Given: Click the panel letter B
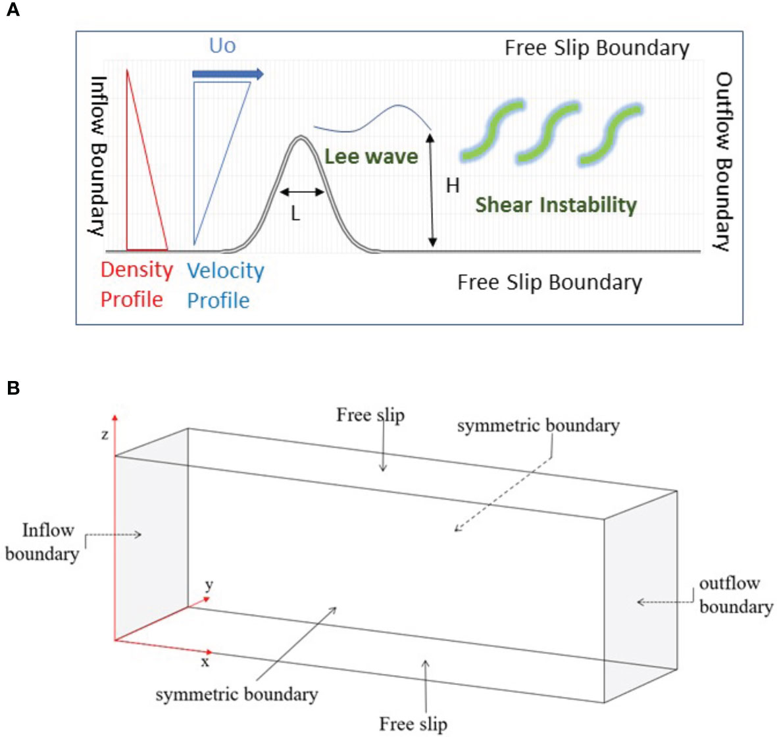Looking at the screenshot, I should [x=13, y=388].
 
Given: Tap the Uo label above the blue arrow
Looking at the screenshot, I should [x=222, y=45].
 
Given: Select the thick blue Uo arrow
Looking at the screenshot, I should [x=228, y=74].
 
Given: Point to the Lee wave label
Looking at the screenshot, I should [x=371, y=157].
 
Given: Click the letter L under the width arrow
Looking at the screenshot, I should [x=295, y=214].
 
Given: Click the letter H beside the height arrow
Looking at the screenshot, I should [x=453, y=186].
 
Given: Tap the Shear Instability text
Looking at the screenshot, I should [x=556, y=205].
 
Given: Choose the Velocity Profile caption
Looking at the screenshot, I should [x=225, y=286].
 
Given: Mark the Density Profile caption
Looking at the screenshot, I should [x=136, y=284].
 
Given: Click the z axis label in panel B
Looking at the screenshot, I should [x=105, y=435].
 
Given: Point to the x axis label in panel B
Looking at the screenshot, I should [x=205, y=662].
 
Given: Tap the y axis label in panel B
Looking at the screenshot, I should [x=209, y=585].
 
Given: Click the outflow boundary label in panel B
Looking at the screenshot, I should [x=735, y=595].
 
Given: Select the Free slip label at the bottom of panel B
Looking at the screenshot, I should [x=413, y=724].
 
